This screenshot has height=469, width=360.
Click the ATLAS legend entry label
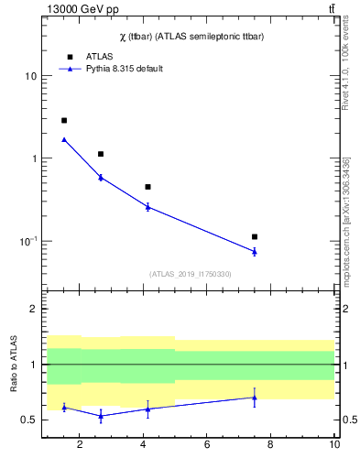pyautogui.click(x=99, y=56)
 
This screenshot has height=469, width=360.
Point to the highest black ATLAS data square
pyautogui.click(x=64, y=120)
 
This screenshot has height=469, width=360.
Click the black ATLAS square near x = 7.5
pyautogui.click(x=255, y=236)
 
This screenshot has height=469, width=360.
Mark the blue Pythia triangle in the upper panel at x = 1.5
pyautogui.click(x=64, y=139)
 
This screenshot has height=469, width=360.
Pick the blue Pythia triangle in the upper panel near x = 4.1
pyautogui.click(x=147, y=207)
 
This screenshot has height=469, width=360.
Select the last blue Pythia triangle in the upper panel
pyautogui.click(x=255, y=251)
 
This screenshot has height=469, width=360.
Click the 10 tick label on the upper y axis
pyautogui.click(x=30, y=76)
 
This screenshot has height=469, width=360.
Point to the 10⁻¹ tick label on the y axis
pyautogui.click(x=28, y=241)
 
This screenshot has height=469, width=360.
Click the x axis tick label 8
pyautogui.click(x=271, y=445)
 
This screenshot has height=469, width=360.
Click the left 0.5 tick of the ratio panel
pyautogui.click(x=30, y=420)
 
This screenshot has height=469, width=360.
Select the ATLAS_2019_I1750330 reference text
pyautogui.click(x=191, y=274)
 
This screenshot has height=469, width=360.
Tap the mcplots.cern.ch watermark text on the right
pyautogui.click(x=345, y=219)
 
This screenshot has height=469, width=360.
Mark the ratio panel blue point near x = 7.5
pyautogui.click(x=255, y=397)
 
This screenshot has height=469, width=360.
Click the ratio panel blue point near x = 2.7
pyautogui.click(x=100, y=416)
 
